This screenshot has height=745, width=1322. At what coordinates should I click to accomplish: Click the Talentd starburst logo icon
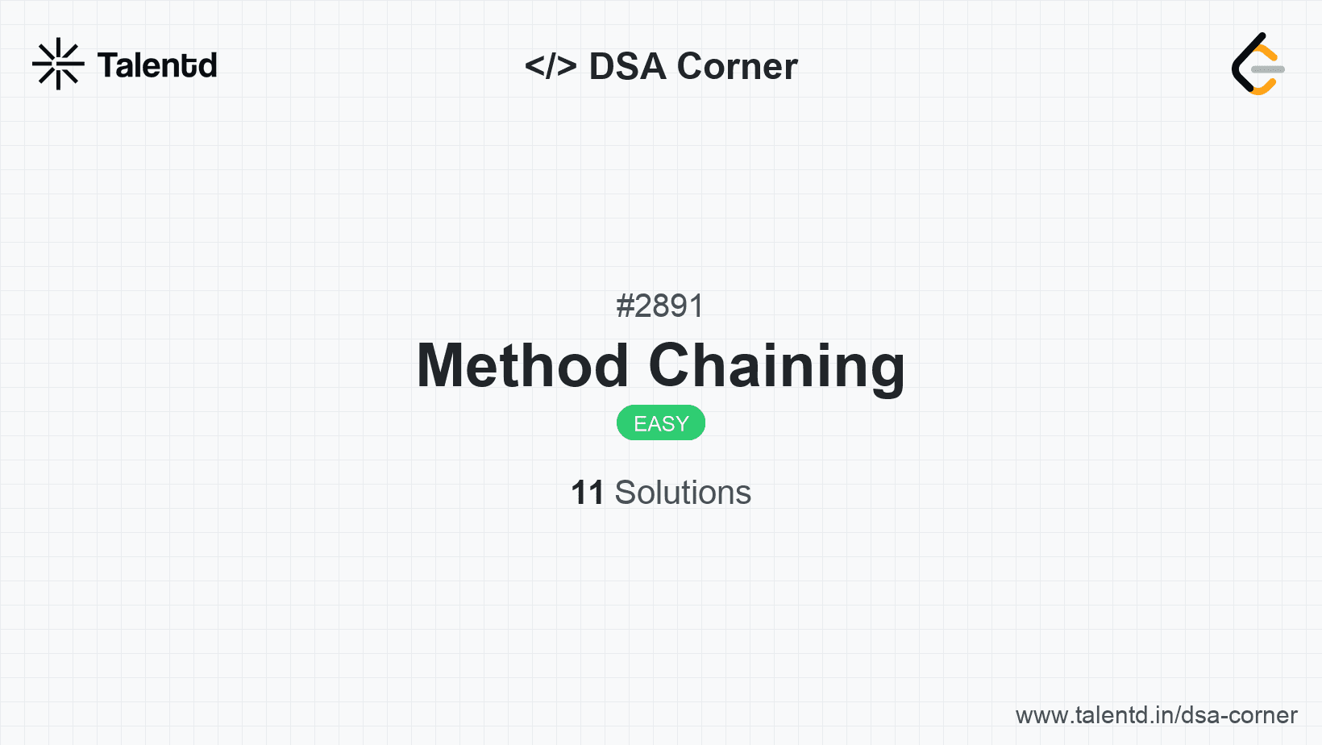(x=58, y=64)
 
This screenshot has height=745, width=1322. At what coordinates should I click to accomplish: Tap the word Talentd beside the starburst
(x=157, y=65)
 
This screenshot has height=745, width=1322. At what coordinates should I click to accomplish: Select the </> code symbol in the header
(x=551, y=66)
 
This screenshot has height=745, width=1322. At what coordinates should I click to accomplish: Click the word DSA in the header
(x=627, y=66)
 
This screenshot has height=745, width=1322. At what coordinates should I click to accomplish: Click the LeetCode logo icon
(x=1257, y=65)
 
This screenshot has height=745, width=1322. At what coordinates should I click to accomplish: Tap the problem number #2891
(x=660, y=306)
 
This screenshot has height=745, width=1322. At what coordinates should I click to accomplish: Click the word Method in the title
(x=522, y=366)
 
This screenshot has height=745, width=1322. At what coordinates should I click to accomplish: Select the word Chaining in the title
(x=776, y=366)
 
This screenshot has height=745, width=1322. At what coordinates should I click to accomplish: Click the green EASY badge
(x=661, y=423)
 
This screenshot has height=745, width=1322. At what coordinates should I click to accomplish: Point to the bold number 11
(x=587, y=493)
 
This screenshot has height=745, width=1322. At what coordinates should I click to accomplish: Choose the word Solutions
(x=683, y=493)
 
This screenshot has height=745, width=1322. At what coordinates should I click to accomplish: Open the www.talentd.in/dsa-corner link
(x=1156, y=715)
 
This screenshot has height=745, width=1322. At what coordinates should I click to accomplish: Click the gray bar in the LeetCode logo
(x=1268, y=70)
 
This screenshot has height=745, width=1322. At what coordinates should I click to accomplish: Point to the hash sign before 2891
(x=625, y=306)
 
